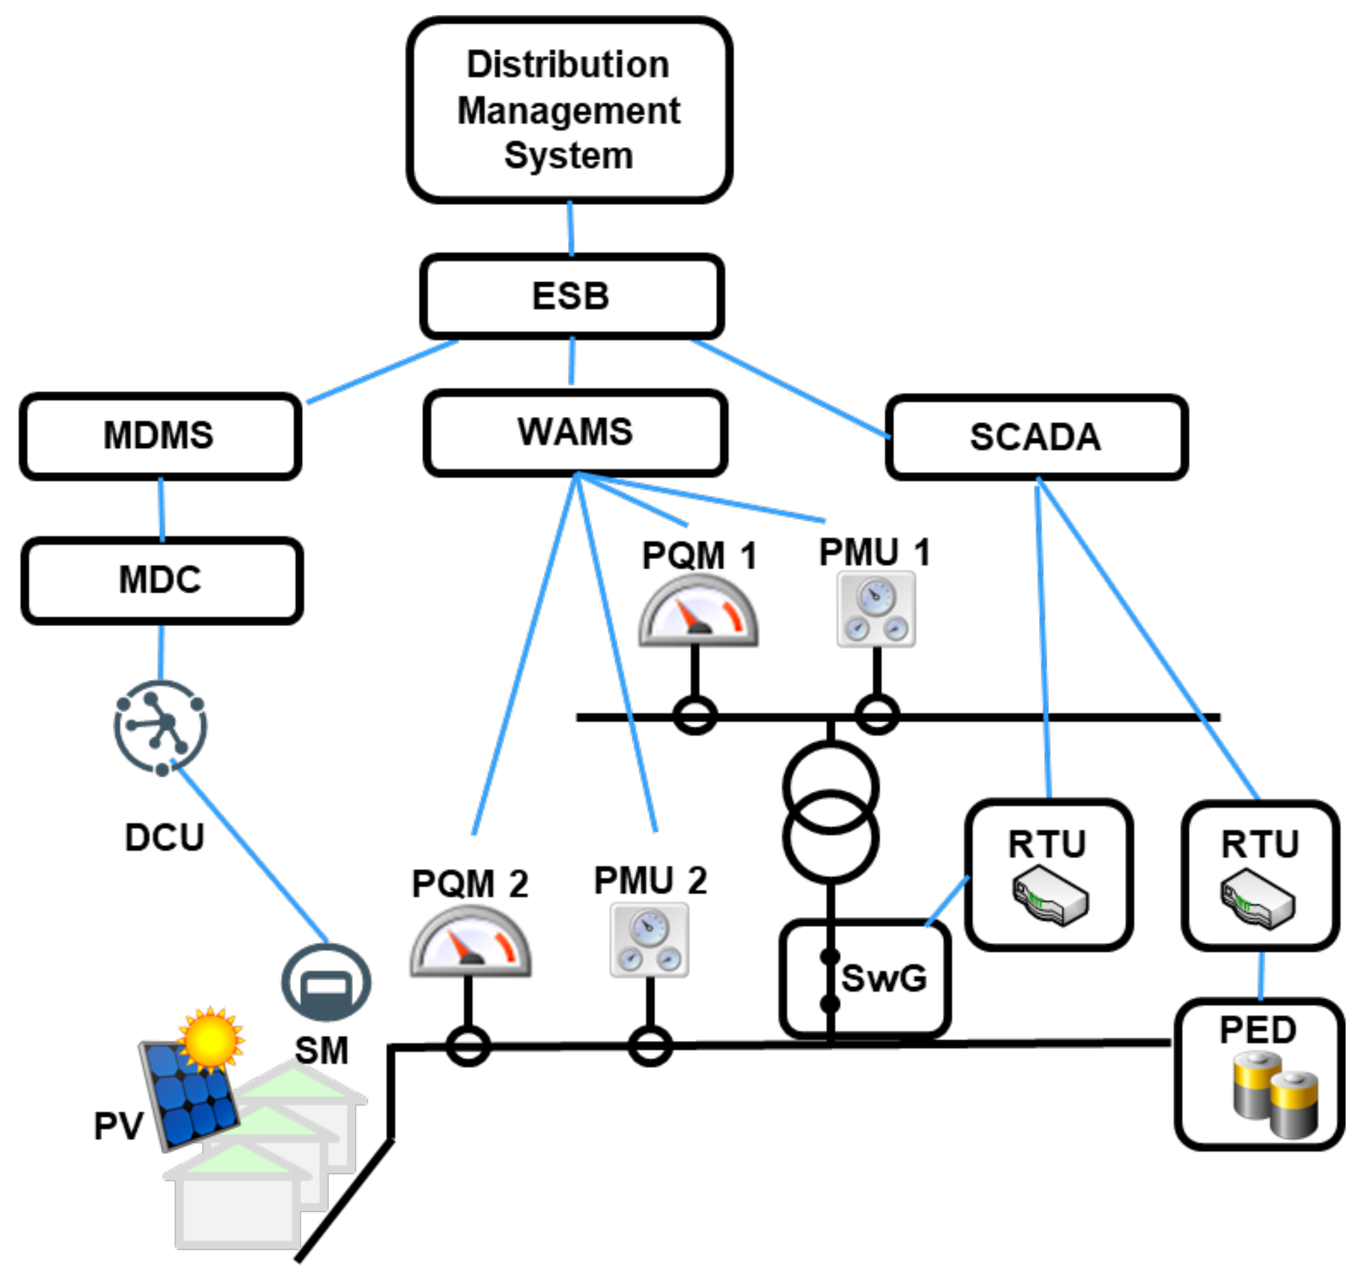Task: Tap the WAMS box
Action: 575,432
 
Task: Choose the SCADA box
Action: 1035,437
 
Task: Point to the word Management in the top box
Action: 569,111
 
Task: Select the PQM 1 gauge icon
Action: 698,611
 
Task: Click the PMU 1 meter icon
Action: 876,609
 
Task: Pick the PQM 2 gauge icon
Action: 470,941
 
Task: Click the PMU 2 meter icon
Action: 650,940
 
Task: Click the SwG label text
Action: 884,979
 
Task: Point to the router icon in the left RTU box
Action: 1049,897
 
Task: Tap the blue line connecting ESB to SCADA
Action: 791,389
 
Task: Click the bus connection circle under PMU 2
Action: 650,1046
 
